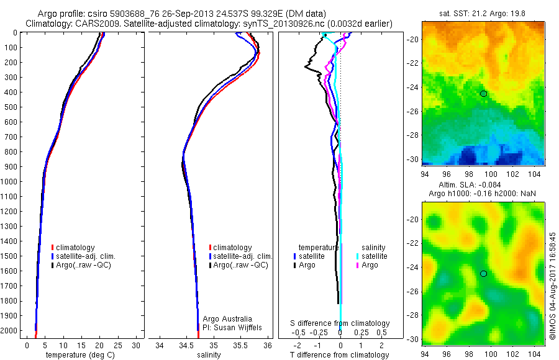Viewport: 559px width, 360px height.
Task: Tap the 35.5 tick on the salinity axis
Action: coord(240,345)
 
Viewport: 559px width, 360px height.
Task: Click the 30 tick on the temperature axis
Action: coord(137,345)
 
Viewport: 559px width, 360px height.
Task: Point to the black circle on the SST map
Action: coord(484,93)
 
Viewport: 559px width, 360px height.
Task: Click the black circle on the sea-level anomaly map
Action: coord(484,273)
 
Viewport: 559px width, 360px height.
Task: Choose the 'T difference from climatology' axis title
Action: coord(340,355)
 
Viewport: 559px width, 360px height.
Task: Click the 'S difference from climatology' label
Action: coord(340,323)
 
